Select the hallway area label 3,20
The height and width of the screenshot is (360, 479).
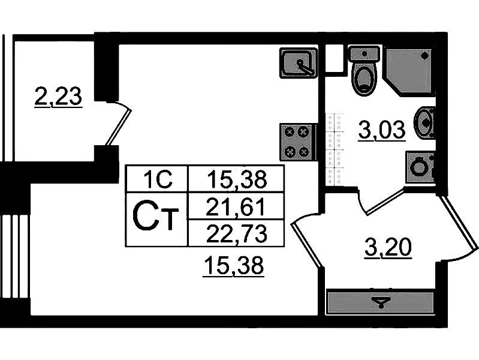pos(388,246)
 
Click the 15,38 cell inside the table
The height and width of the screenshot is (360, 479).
pos(235,178)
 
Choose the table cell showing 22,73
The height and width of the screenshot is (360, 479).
pos(235,233)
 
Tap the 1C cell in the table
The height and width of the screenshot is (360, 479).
pos(156,178)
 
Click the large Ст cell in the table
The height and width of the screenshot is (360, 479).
pos(156,219)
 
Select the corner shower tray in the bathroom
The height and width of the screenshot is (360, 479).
pos(409,70)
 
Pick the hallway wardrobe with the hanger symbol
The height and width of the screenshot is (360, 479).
pos(379,301)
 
